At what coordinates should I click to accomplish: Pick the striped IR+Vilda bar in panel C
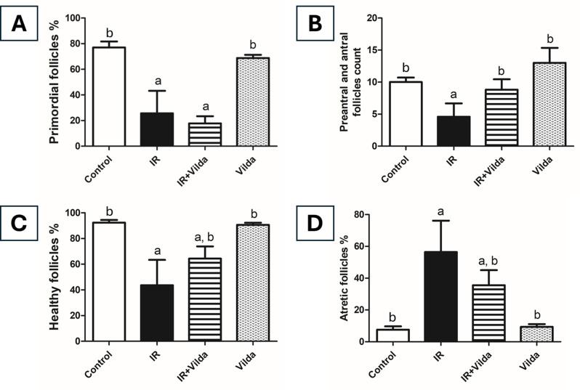[209, 299]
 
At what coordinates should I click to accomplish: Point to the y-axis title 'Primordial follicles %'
[55, 81]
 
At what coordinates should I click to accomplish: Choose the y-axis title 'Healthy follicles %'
[55, 277]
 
